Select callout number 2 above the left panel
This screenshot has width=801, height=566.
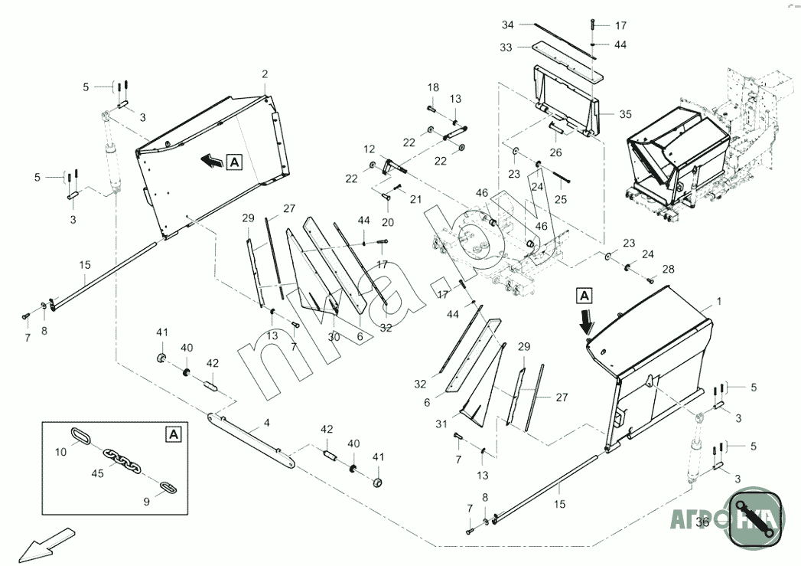265,74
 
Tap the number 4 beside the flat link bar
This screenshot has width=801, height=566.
265,422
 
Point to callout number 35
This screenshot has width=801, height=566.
625,114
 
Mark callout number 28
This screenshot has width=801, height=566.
669,269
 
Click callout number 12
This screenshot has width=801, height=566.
370,149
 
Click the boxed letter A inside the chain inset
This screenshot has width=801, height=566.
174,433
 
